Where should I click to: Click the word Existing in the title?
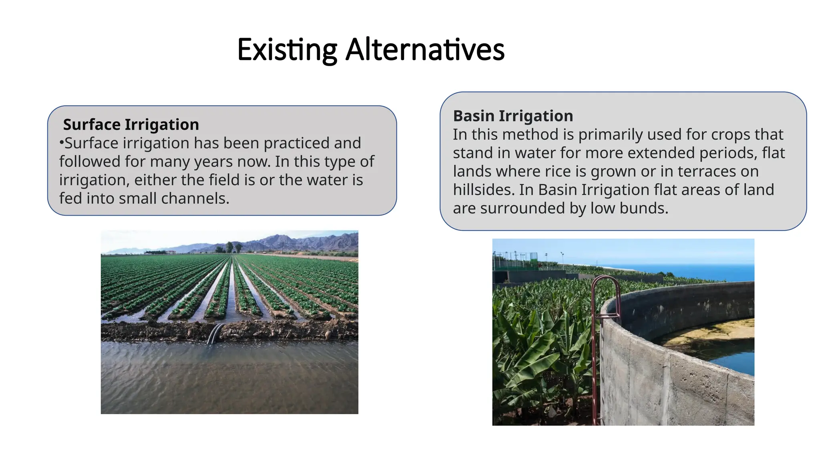pyautogui.click(x=287, y=50)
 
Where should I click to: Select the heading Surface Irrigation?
pyautogui.click(x=131, y=124)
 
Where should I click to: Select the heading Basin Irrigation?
pyautogui.click(x=513, y=116)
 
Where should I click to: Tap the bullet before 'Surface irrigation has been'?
pyautogui.click(x=61, y=142)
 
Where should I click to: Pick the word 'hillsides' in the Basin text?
pyautogui.click(x=482, y=190)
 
